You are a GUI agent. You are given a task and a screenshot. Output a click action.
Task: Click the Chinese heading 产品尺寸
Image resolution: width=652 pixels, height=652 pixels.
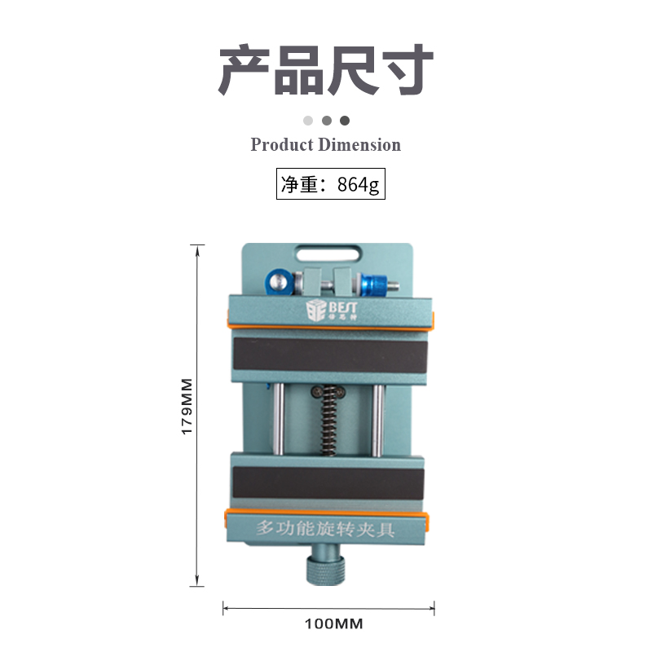[325, 71]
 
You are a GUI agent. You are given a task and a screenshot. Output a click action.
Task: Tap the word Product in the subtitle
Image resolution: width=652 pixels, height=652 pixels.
[281, 145]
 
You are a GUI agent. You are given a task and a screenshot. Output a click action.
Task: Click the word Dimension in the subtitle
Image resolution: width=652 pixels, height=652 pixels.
[359, 145]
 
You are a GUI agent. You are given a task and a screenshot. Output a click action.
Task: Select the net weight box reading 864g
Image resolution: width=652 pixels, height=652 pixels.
[329, 184]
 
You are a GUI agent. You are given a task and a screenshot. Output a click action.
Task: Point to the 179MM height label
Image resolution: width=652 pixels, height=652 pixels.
[187, 406]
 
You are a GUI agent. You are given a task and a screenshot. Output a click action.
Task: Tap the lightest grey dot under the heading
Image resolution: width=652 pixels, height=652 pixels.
[308, 121]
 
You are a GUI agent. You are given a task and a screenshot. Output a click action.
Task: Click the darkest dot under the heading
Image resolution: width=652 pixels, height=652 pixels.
[345, 121]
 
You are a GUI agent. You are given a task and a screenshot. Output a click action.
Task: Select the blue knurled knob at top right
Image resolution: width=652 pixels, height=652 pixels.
[377, 284]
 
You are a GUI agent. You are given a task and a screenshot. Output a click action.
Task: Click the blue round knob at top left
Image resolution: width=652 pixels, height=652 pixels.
[277, 282]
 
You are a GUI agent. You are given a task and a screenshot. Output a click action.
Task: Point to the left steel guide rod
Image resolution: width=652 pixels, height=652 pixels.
[279, 419]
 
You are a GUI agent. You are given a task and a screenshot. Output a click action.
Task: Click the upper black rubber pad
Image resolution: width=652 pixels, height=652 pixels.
[329, 357]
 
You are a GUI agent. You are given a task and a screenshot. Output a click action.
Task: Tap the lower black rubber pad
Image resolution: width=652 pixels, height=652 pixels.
[329, 484]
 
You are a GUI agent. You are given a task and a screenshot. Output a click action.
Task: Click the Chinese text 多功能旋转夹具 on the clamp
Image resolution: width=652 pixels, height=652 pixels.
[326, 528]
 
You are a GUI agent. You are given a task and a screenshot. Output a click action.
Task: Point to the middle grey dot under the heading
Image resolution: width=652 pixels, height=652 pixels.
[326, 121]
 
